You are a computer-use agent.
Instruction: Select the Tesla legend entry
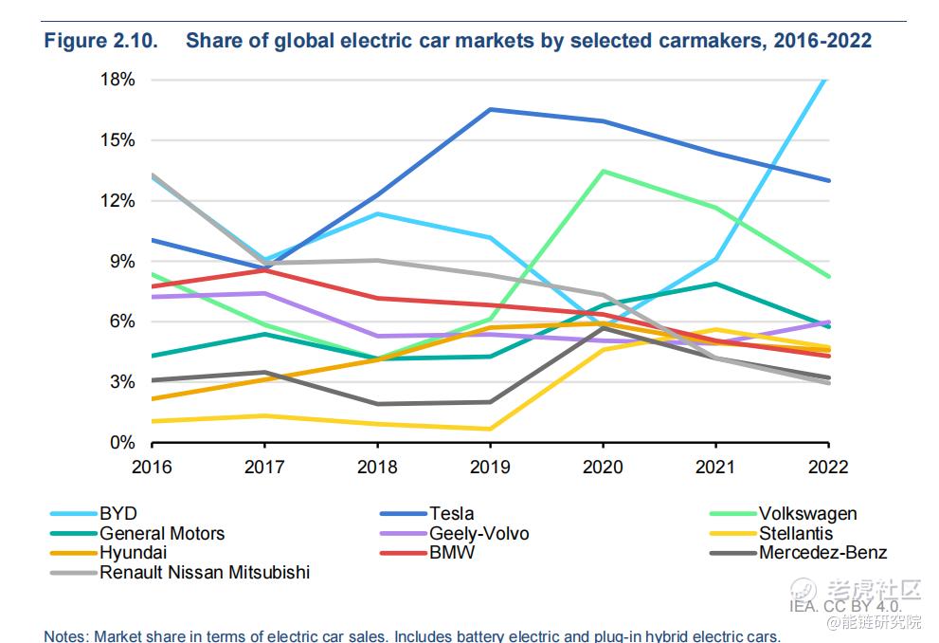[x=451, y=514]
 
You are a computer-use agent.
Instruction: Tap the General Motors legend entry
[x=162, y=533]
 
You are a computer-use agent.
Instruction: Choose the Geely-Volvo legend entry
[x=479, y=533]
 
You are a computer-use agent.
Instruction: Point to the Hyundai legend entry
[x=134, y=553]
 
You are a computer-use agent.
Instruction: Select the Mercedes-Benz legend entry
[x=822, y=553]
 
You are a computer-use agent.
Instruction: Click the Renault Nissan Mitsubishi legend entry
[x=205, y=572]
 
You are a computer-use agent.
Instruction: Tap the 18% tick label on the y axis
[x=117, y=80]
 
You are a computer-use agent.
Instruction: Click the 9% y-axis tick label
[x=122, y=261]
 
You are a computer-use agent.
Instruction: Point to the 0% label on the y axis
[x=122, y=443]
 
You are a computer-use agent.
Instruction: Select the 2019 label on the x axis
[x=490, y=467]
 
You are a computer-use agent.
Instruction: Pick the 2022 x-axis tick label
[x=828, y=467]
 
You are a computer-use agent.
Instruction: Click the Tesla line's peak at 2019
[x=490, y=109]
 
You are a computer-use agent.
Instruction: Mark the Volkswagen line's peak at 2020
[x=604, y=171]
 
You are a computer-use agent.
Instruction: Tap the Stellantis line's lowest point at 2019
[x=490, y=429]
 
